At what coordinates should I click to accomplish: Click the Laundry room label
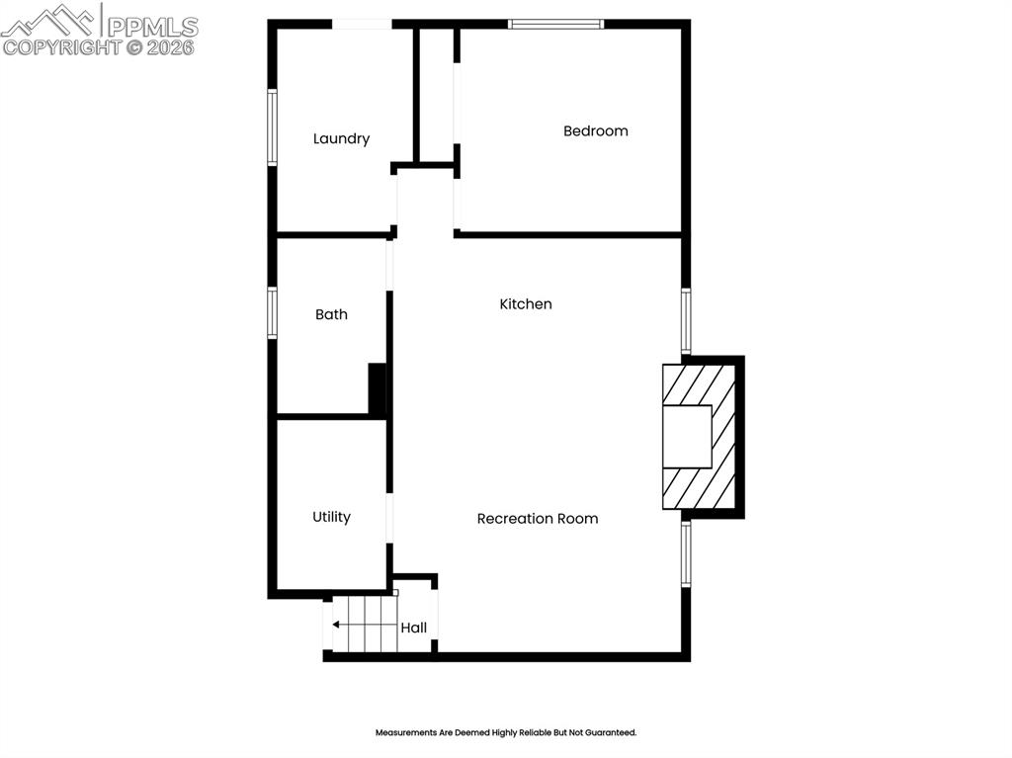[341, 139]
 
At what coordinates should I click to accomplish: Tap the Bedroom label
[595, 130]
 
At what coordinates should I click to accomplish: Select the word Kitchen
[525, 304]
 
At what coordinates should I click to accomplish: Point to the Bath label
[331, 314]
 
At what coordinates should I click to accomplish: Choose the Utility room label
[331, 517]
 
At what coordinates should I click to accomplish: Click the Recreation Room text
[537, 519]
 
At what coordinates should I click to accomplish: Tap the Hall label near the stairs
[413, 628]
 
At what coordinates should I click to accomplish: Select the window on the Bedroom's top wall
[555, 24]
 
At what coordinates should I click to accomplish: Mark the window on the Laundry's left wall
[272, 126]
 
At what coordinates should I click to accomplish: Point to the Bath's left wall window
[272, 313]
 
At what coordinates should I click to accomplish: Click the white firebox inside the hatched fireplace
[687, 437]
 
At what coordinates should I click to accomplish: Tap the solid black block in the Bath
[377, 388]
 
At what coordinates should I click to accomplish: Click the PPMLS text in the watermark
[152, 27]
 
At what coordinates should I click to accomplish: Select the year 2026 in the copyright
[171, 46]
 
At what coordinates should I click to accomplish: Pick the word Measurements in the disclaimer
[405, 733]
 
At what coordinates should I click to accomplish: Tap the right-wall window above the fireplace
[686, 322]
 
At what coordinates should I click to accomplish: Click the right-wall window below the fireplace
[686, 554]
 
